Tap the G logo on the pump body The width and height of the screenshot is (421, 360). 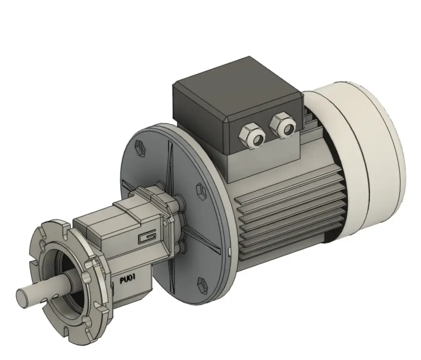pos(146,238)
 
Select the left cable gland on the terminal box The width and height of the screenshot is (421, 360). pos(252,136)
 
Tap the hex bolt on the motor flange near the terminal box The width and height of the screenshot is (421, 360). pos(201,189)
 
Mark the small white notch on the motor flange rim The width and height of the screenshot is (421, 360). pos(229,250)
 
